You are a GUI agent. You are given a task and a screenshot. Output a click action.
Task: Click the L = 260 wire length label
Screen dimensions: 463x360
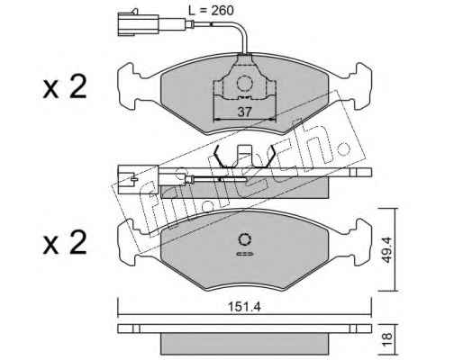pyautogui.click(x=211, y=11)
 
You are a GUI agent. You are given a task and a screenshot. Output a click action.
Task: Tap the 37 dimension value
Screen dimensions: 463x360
pyautogui.click(x=244, y=112)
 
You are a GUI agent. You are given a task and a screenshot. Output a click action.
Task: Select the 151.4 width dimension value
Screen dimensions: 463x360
pyautogui.click(x=245, y=307)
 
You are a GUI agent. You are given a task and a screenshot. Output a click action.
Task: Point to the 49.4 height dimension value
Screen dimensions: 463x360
pyautogui.click(x=387, y=249)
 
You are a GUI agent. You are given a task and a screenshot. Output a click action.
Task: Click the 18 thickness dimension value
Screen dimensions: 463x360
pyautogui.click(x=387, y=339)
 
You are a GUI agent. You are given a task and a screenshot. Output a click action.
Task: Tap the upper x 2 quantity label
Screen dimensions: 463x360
pyautogui.click(x=65, y=86)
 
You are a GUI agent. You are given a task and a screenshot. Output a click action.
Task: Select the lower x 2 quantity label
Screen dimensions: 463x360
pyautogui.click(x=65, y=243)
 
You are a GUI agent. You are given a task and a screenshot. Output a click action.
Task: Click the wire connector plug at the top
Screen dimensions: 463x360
pyautogui.click(x=138, y=23)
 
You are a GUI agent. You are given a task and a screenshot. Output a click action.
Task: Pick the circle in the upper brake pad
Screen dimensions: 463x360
pyautogui.click(x=244, y=83)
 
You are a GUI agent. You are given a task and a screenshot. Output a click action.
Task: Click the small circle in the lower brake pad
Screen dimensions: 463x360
pyautogui.click(x=245, y=239)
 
